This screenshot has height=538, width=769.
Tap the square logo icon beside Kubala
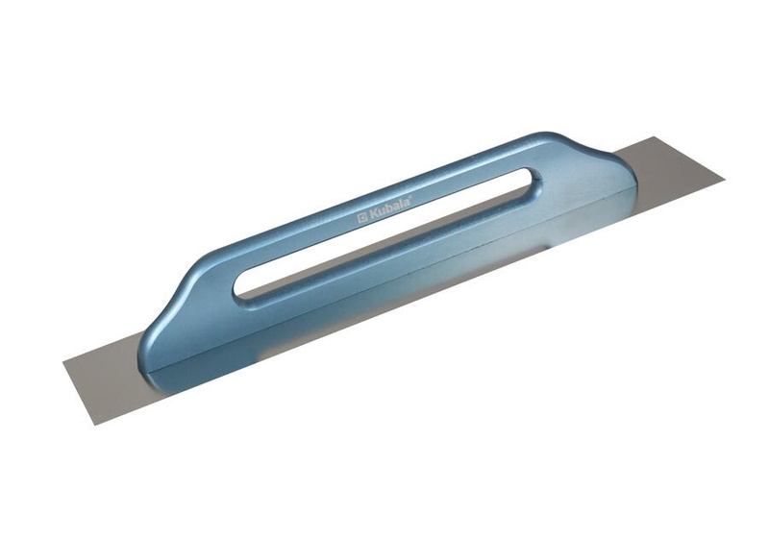pyautogui.click(x=362, y=218)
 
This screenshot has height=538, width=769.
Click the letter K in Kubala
pyautogui.click(x=372, y=213)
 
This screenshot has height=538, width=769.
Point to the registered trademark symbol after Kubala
pyautogui.click(x=410, y=196)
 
